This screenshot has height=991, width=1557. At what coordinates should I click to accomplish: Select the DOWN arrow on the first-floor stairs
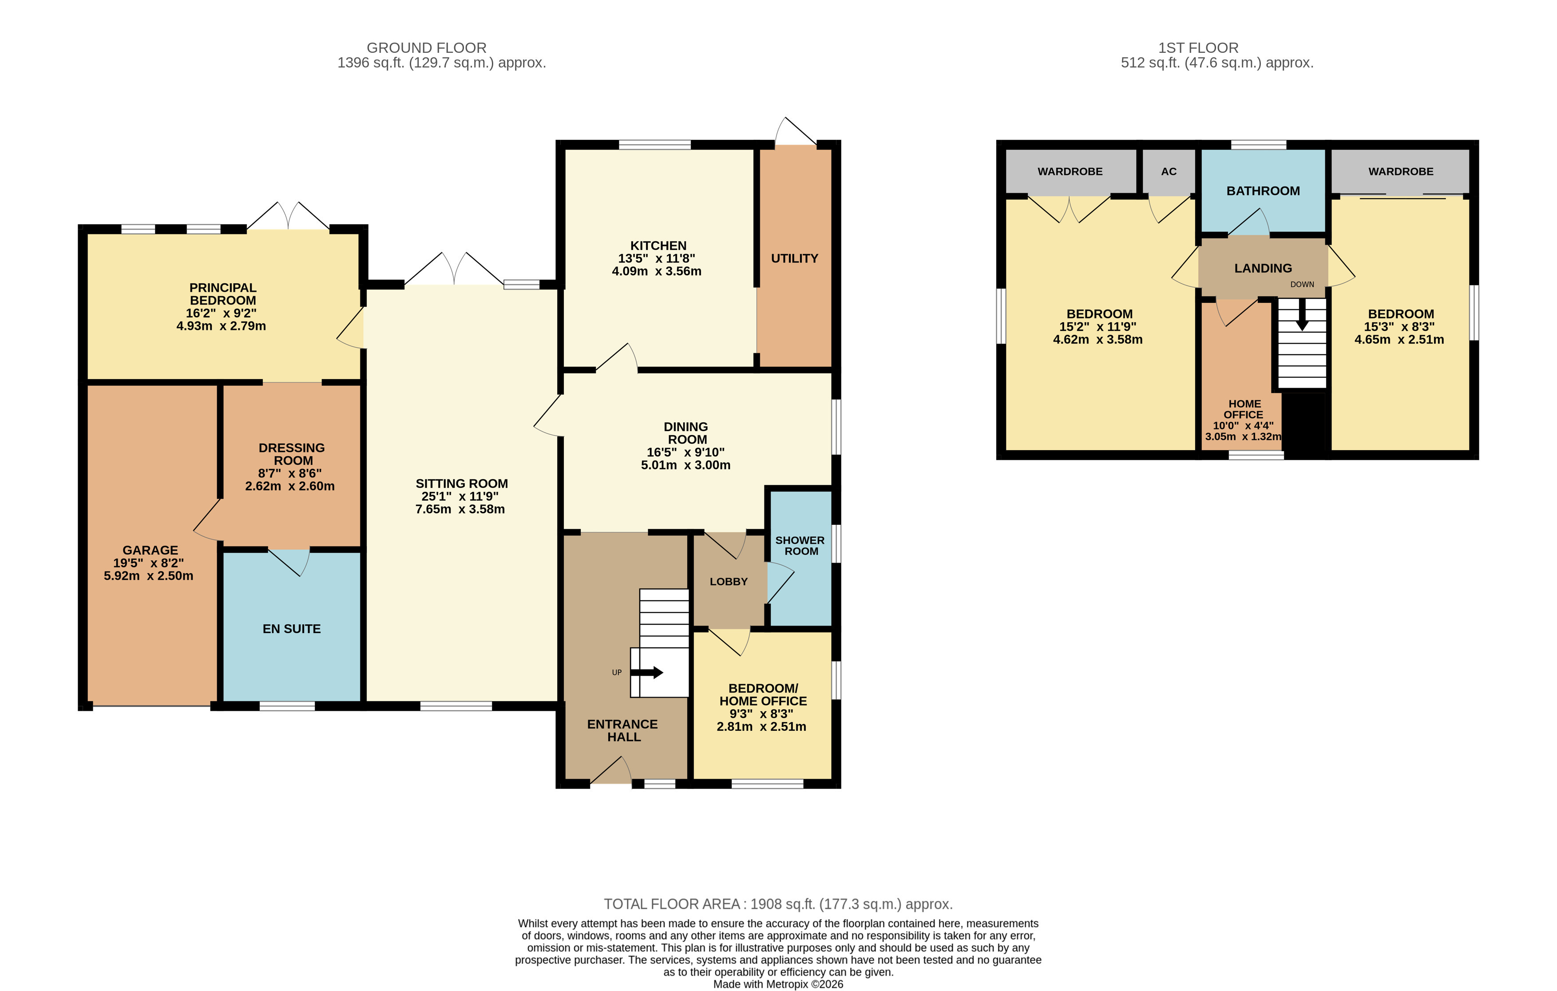(x=1302, y=314)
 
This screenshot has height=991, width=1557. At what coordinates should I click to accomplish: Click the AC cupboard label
(x=1169, y=171)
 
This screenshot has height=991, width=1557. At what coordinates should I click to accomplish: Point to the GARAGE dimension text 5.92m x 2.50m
(x=148, y=576)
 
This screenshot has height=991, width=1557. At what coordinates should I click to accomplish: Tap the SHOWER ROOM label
(x=800, y=546)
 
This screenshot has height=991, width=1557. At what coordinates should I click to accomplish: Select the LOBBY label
(x=728, y=582)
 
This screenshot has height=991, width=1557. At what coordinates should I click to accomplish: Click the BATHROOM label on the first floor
(x=1262, y=191)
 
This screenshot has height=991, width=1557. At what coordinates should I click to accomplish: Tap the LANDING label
(x=1262, y=268)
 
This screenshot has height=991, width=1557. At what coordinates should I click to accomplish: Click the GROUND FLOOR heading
(x=426, y=48)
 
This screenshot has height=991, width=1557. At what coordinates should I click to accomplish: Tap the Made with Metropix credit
(x=778, y=984)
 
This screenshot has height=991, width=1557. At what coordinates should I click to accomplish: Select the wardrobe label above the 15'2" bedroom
(x=1070, y=171)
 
